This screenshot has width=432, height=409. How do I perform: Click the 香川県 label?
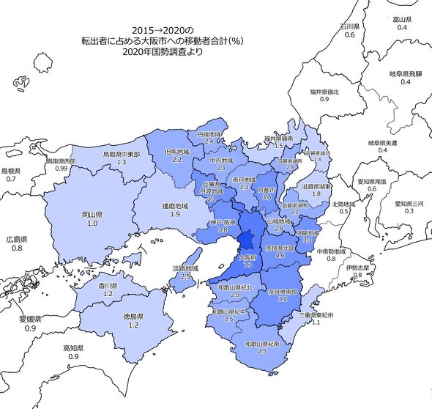pos(108,286)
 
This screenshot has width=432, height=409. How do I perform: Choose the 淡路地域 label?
pos(185,268)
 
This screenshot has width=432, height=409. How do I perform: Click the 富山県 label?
pos(402,18)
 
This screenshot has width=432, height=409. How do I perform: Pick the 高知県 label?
pos(73,348)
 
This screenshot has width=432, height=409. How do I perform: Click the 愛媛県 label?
pos(31,320)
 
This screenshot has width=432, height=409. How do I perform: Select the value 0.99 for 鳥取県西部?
pos(61,169)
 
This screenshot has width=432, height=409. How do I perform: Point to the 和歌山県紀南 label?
pos(261,344)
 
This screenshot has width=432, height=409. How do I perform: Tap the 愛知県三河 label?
pos(409,202)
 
